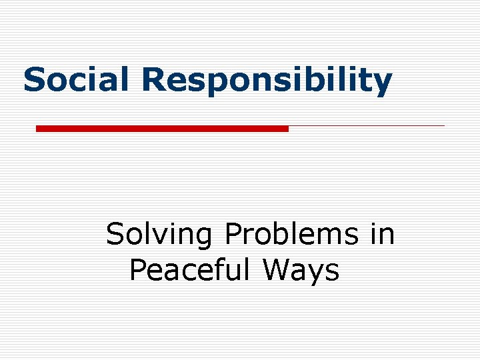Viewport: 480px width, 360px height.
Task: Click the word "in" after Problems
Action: (382, 235)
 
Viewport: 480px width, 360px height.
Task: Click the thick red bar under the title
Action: (162, 128)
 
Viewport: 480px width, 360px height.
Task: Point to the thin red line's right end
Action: (443, 125)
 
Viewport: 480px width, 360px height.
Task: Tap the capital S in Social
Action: (35, 80)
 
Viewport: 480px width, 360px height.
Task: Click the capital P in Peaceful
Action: (138, 271)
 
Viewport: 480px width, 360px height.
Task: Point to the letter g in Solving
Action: (204, 239)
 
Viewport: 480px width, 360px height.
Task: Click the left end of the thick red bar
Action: (37, 128)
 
